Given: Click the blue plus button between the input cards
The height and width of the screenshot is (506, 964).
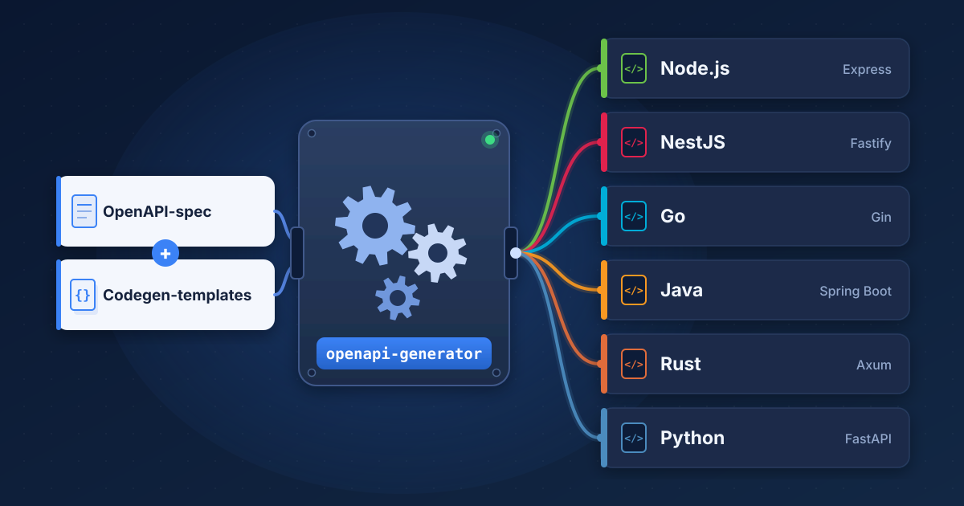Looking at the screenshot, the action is tap(165, 253).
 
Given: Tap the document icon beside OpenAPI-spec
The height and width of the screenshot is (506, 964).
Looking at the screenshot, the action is tap(84, 211).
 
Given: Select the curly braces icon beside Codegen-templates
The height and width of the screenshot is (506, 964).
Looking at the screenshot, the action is tap(83, 295).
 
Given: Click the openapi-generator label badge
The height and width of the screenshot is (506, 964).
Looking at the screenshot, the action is tap(403, 353).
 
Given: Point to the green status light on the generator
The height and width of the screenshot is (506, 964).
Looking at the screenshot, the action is tap(490, 140).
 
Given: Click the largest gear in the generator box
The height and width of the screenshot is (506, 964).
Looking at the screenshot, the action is tap(375, 226).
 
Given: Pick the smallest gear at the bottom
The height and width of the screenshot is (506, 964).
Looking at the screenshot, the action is tap(397, 298).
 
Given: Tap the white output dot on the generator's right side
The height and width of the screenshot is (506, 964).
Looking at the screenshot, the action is tap(516, 253).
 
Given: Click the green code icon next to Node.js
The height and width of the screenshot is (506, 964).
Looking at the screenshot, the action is tap(634, 68).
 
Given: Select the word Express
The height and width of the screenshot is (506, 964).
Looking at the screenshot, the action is tap(867, 69).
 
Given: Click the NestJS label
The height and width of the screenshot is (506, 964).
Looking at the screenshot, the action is tap(692, 142).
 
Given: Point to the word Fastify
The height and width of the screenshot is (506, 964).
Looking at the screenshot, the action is tap(871, 143).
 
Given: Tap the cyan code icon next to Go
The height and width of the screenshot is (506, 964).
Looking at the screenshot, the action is tap(634, 216).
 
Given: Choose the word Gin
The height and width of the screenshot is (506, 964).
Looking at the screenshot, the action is tap(881, 218).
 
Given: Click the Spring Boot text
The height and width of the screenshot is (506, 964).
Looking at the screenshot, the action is tap(855, 292).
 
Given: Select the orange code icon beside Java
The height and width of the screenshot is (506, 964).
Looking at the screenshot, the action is tap(634, 291).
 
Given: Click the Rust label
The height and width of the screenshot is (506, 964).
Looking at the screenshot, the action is tap(680, 364).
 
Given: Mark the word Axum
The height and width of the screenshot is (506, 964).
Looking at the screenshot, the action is tap(874, 365).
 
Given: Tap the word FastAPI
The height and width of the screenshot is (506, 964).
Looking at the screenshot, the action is tap(868, 439).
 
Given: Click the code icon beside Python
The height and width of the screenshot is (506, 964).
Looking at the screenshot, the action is tap(634, 438).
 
